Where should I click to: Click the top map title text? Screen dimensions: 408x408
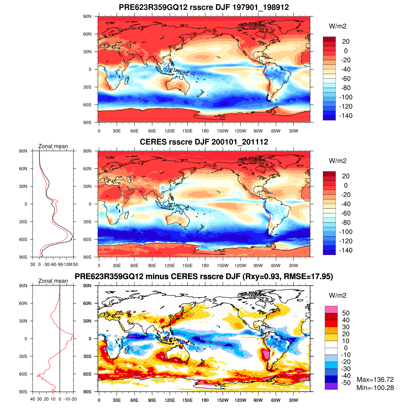pyautogui.click(x=204, y=7)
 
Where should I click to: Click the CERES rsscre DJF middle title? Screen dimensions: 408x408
pyautogui.click(x=204, y=142)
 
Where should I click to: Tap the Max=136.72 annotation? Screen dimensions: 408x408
pyautogui.click(x=375, y=380)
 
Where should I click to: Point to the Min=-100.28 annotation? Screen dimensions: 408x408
pyautogui.click(x=375, y=388)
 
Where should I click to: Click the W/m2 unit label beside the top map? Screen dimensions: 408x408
pyautogui.click(x=338, y=26)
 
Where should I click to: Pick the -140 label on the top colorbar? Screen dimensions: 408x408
pyautogui.click(x=346, y=116)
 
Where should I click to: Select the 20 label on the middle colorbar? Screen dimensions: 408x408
pyautogui.click(x=346, y=176)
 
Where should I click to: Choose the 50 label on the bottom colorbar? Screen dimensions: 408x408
pyautogui.click(x=346, y=313)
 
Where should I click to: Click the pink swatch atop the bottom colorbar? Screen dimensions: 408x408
pyautogui.click(x=331, y=309)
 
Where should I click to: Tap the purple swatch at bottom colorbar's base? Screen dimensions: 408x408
pyautogui.click(x=331, y=386)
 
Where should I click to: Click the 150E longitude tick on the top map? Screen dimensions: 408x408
pyautogui.click(x=187, y=131)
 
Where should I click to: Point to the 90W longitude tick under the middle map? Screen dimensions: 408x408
pyautogui.click(x=258, y=266)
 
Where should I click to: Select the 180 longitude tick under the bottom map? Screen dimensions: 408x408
pyautogui.click(x=205, y=400)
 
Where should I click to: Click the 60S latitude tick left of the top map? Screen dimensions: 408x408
pyautogui.click(x=88, y=105)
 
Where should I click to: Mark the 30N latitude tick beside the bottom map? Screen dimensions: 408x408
pyautogui.click(x=88, y=321)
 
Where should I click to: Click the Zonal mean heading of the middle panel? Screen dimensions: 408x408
pyautogui.click(x=53, y=146)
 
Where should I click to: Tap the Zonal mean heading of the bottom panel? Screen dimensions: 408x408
pyautogui.click(x=53, y=281)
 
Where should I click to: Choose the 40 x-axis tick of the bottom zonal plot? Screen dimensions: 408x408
pyautogui.click(x=33, y=399)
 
